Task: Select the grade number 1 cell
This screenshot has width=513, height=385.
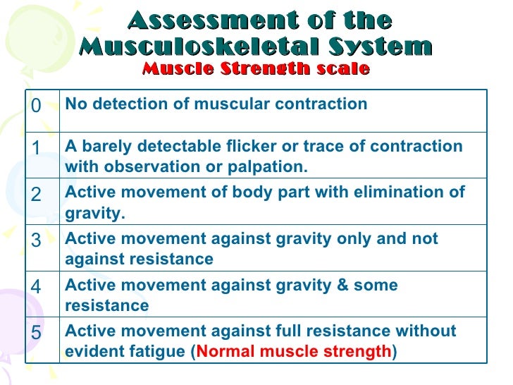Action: pyautogui.click(x=35, y=147)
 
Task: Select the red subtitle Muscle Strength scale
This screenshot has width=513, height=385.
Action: pyautogui.click(x=256, y=69)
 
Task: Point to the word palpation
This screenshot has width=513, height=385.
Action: pyautogui.click(x=270, y=167)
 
